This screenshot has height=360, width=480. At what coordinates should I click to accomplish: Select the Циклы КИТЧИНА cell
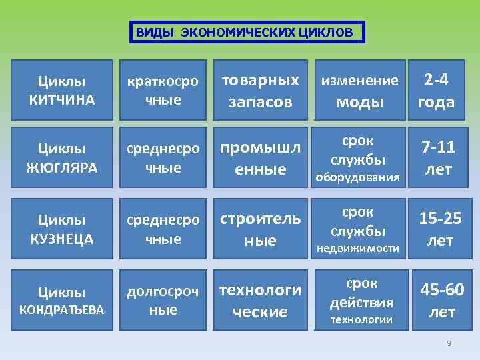coord(62,91)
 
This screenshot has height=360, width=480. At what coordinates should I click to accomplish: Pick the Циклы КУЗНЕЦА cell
coord(62,229)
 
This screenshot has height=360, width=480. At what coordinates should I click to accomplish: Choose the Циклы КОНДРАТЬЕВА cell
coord(62,301)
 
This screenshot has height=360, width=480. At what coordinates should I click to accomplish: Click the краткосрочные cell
coord(163,91)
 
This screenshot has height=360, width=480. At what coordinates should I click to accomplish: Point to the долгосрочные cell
coord(163,301)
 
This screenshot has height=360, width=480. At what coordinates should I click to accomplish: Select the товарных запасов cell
coord(260,91)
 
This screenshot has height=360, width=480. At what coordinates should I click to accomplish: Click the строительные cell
coord(260,229)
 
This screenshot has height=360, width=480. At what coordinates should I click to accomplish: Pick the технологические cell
coord(260,301)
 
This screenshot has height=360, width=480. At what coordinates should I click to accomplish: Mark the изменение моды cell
coord(360,91)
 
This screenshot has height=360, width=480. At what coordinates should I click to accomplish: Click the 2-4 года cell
coord(436,91)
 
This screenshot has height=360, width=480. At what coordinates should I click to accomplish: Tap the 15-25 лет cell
coord(439,229)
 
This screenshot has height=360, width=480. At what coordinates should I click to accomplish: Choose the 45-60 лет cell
coord(441,301)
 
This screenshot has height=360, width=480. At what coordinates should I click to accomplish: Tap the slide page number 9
coord(449,343)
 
